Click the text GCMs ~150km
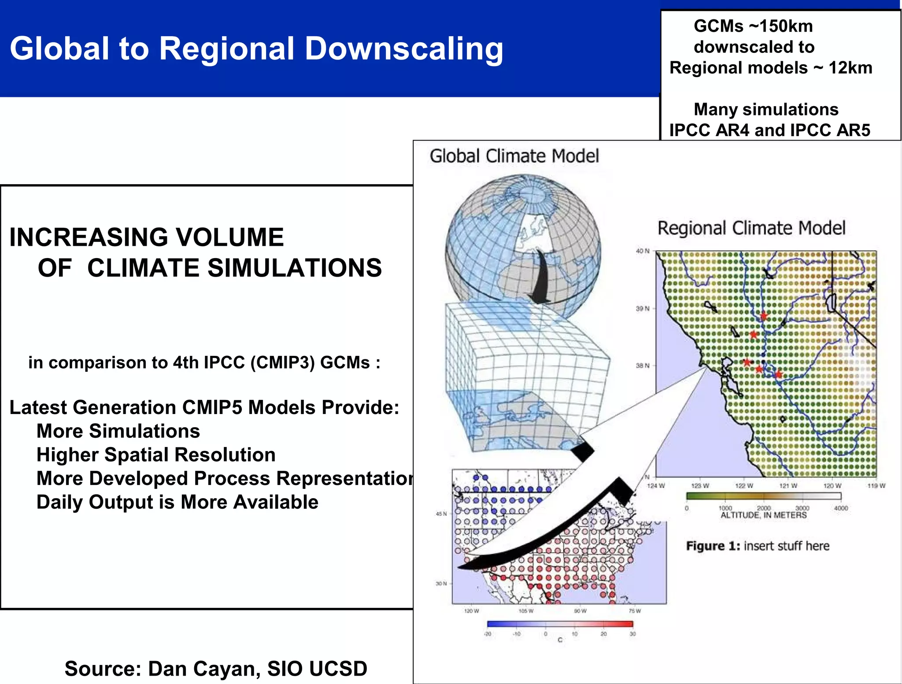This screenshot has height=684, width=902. (x=753, y=26)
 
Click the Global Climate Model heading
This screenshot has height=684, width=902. (x=514, y=156)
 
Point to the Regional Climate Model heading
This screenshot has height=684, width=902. (x=751, y=228)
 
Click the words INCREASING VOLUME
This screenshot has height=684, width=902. (x=146, y=237)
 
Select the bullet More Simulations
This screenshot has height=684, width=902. (x=118, y=431)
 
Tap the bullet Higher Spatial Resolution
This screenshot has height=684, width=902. (x=156, y=455)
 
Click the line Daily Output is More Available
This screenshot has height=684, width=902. (x=177, y=502)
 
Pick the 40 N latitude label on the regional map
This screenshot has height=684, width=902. (x=642, y=251)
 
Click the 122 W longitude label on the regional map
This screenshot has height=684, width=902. (x=744, y=486)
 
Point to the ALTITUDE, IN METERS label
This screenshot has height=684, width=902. (x=763, y=515)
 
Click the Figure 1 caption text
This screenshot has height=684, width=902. (x=758, y=546)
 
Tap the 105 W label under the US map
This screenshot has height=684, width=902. (x=526, y=611)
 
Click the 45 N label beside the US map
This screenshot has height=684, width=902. (x=441, y=514)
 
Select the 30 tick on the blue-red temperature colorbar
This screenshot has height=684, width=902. (x=632, y=634)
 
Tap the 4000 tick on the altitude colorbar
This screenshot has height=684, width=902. (x=841, y=508)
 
